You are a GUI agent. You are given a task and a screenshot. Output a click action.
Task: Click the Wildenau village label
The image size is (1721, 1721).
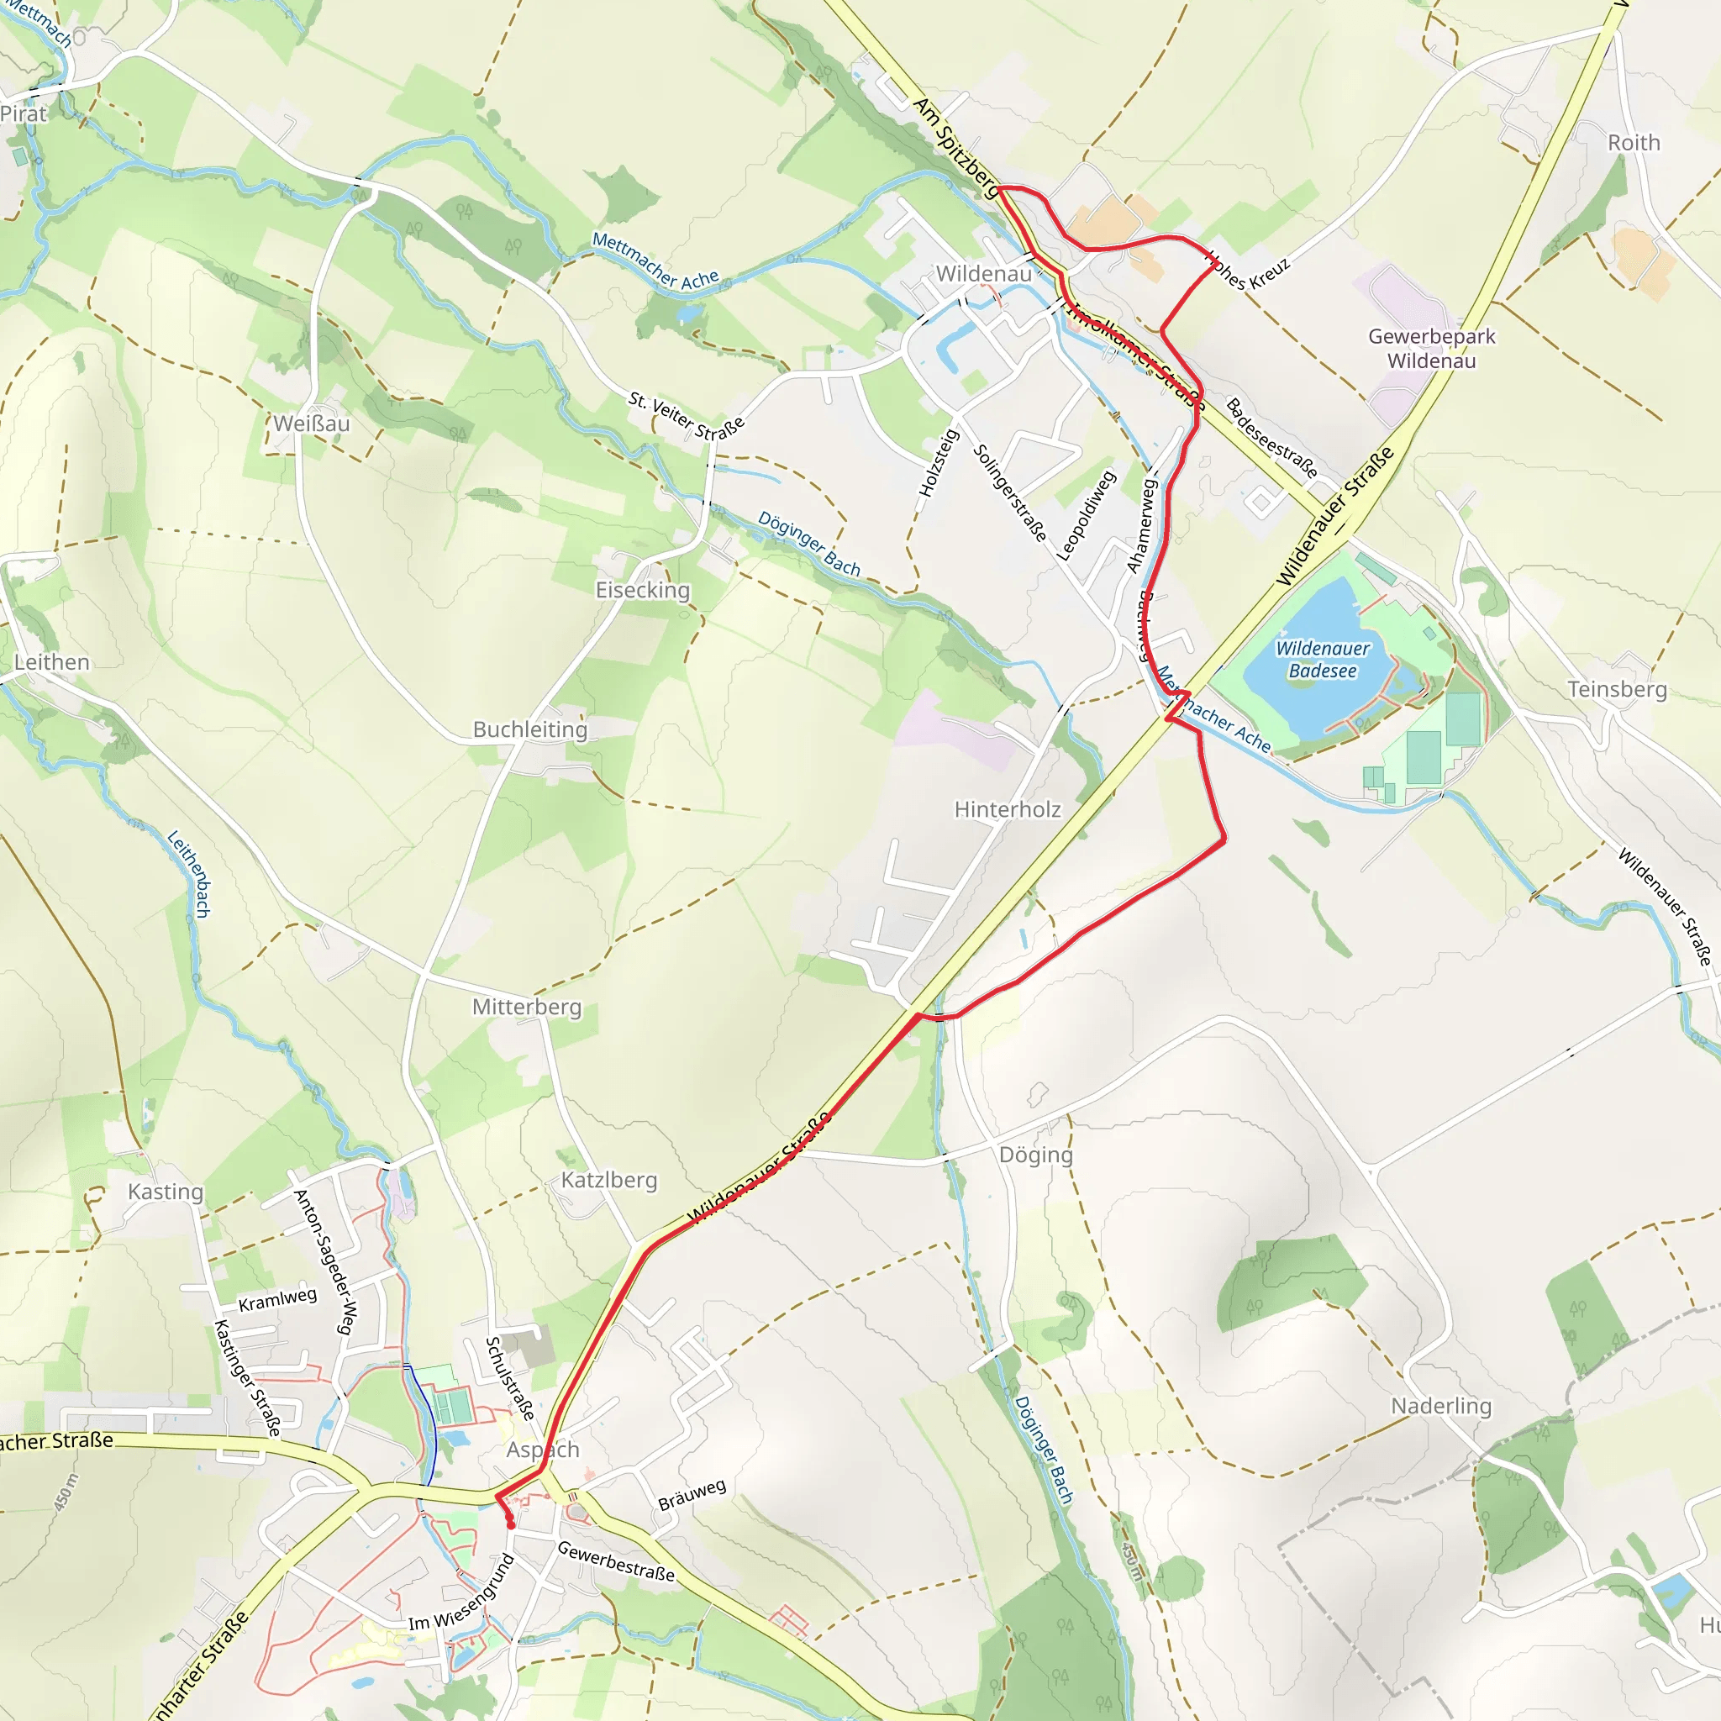(x=983, y=273)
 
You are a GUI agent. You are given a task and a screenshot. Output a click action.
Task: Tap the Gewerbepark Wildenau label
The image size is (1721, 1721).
(x=1431, y=348)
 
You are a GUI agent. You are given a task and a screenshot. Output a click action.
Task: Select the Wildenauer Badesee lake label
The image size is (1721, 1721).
(x=1323, y=659)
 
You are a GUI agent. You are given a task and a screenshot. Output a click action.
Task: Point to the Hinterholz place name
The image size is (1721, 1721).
(x=1008, y=809)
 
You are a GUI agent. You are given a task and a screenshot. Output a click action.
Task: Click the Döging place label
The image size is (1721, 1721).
(x=1035, y=1155)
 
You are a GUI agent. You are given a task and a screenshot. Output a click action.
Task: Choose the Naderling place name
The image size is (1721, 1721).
(x=1440, y=1406)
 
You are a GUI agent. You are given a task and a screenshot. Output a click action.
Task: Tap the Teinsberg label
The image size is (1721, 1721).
(x=1617, y=688)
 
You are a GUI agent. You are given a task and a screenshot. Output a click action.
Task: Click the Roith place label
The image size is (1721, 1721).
(x=1634, y=143)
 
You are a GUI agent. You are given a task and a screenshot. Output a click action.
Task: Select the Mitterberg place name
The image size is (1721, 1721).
(x=526, y=1007)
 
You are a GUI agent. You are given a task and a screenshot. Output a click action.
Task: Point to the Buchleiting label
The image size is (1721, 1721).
(x=530, y=729)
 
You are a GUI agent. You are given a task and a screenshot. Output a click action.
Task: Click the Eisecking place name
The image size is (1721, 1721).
(x=642, y=590)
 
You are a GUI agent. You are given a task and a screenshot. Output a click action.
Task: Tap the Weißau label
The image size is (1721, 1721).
(x=311, y=424)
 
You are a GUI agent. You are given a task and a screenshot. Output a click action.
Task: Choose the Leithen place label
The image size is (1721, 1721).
(x=51, y=662)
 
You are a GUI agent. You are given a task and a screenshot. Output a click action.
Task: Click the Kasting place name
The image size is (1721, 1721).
(x=166, y=1192)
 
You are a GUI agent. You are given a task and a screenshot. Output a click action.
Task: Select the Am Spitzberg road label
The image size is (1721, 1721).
(x=956, y=147)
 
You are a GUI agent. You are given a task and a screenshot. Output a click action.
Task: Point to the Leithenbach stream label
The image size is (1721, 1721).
(x=189, y=874)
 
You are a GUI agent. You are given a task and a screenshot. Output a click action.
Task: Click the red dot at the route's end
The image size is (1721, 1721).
(x=510, y=1526)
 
